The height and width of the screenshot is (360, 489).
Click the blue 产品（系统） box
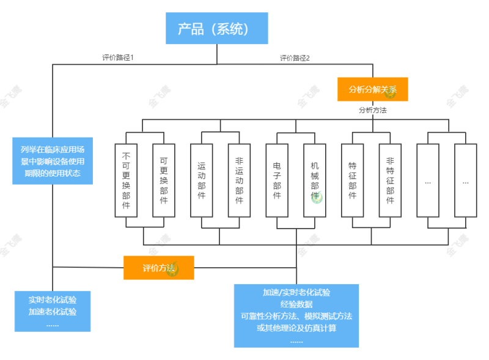tap(216, 29)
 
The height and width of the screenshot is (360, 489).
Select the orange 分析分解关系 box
tap(373, 89)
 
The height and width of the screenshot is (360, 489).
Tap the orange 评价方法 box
tap(159, 268)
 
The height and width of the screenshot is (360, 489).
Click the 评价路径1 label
tap(118, 57)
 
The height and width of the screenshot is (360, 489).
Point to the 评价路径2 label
tap(295, 58)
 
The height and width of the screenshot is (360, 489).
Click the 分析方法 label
tap(373, 111)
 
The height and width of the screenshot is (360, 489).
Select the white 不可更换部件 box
tap(126, 180)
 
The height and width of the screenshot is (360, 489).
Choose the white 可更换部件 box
tap(164, 180)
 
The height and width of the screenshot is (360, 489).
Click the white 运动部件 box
tap(202, 180)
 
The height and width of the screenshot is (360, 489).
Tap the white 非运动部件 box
tap(239, 180)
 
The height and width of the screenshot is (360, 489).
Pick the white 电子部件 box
tap(277, 180)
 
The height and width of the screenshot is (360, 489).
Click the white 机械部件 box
tap(315, 180)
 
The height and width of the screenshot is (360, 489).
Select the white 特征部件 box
tap(353, 180)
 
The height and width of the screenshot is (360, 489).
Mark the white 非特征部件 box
tap(390, 180)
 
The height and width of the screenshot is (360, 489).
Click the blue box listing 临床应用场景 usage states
tap(53, 161)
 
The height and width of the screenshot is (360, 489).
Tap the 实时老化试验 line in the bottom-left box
tap(53, 300)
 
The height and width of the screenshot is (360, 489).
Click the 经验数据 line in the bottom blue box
tap(296, 304)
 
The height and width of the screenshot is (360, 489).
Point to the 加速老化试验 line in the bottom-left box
tap(53, 312)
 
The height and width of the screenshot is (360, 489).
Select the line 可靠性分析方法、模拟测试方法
tap(296, 316)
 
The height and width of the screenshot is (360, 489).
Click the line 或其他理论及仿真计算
tap(296, 328)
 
